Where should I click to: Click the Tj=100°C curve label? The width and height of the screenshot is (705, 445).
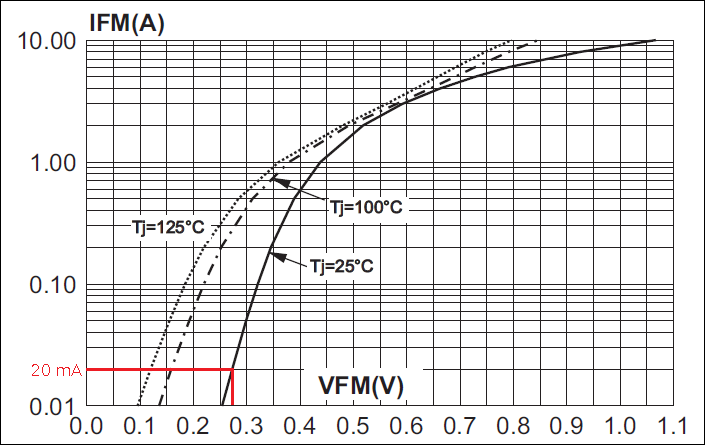(367, 207)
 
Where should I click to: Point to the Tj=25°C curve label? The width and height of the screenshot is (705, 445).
(342, 265)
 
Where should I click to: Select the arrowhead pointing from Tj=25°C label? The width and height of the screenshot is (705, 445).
(280, 258)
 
